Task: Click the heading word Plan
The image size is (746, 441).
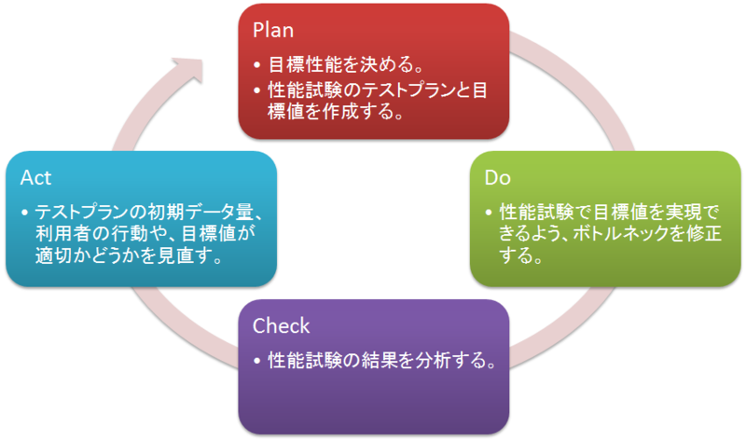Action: tap(273, 31)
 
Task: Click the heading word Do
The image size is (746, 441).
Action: tap(498, 178)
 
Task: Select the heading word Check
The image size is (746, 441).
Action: tap(282, 326)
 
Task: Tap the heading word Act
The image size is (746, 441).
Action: tap(35, 178)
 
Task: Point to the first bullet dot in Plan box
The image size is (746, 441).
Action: tap(257, 64)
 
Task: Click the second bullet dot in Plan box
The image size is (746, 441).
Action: tap(257, 90)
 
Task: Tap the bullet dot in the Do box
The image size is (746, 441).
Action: tap(489, 213)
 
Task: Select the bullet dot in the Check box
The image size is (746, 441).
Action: tap(257, 361)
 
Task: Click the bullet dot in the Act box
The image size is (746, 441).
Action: tap(25, 213)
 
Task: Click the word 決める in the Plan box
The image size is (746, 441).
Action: tap(386, 64)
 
